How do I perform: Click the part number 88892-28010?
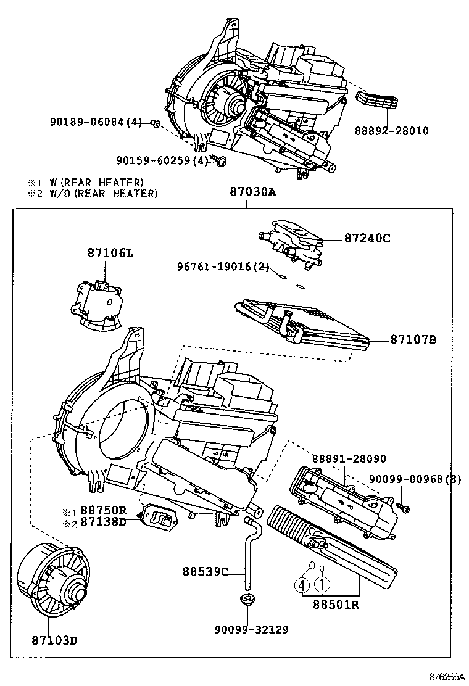tap(391, 131)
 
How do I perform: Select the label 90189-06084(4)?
tap(96, 123)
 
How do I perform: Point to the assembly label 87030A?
tap(252, 192)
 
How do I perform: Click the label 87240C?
tap(367, 239)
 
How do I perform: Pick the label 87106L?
tap(109, 254)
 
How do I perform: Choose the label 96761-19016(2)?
tap(223, 267)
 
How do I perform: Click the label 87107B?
tap(413, 339)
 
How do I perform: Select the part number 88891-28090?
tap(349, 459)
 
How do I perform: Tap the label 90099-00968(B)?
tap(415, 479)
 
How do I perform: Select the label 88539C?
tap(205, 571)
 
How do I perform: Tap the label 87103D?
tap(56, 640)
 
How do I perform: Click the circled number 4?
tap(302, 585)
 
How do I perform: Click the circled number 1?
tap(322, 585)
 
